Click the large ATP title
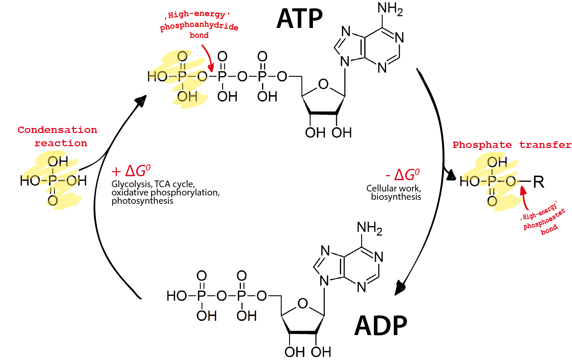coord(299,19)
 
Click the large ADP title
coord(381,326)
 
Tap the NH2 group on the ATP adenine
coord(390,9)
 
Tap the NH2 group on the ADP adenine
coord(369,228)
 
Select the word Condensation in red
coord(57,130)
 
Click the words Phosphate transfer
coord(512,145)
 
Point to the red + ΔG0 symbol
coord(131,171)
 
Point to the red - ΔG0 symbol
coord(403,175)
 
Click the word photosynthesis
coord(142,201)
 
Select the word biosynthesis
coord(396,197)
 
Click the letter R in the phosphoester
coord(538,182)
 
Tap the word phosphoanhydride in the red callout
coord(199,26)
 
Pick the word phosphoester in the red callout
coord(544,220)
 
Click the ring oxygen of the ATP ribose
coord(323,84)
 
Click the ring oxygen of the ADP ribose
coord(303,303)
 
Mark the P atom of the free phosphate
coord(53,181)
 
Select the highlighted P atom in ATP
coord(182,76)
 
